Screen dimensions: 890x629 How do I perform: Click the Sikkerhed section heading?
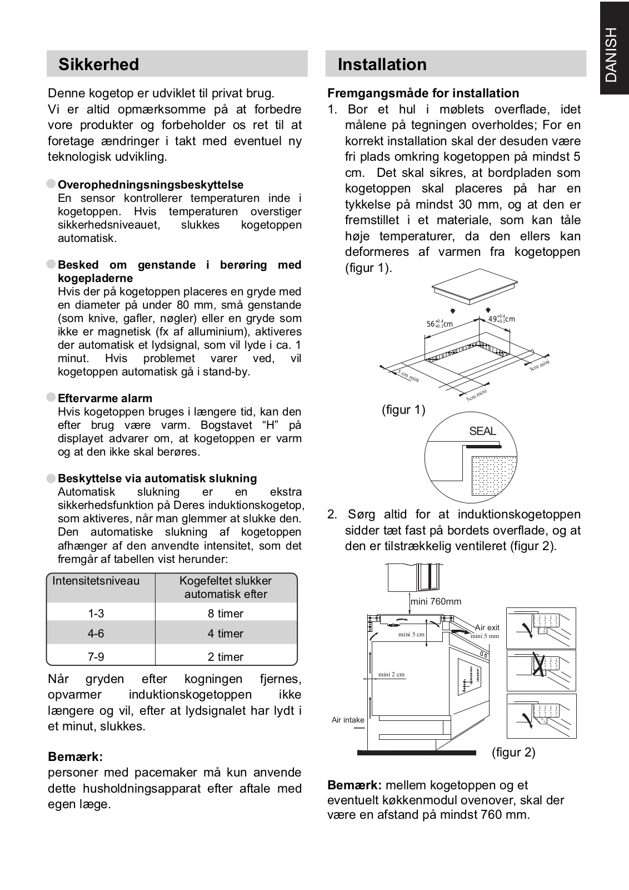click(x=99, y=65)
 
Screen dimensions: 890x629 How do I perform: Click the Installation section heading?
click(x=382, y=65)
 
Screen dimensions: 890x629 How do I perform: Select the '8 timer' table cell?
click(x=226, y=614)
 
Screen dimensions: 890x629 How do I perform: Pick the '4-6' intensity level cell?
click(x=96, y=634)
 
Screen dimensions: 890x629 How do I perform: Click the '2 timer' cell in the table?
click(x=226, y=657)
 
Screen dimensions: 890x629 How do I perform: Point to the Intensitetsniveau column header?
click(x=96, y=581)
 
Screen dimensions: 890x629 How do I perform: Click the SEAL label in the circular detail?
click(x=482, y=431)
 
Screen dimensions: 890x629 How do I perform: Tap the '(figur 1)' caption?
click(x=403, y=410)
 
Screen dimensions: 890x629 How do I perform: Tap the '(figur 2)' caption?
click(x=513, y=753)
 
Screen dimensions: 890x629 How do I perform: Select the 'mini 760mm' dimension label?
click(x=436, y=601)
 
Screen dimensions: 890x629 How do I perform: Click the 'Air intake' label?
click(x=348, y=720)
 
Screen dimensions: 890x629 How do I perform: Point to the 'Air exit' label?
click(x=487, y=627)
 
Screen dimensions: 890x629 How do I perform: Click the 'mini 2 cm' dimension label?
click(x=391, y=674)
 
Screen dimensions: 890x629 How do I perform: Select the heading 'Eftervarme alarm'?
click(x=105, y=398)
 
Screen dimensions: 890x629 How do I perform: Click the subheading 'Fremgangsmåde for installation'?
click(x=423, y=93)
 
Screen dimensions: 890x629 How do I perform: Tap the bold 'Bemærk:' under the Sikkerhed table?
click(x=76, y=757)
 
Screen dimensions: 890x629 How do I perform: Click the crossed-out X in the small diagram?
click(x=538, y=665)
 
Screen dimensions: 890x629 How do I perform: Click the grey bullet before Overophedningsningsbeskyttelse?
click(x=52, y=184)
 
